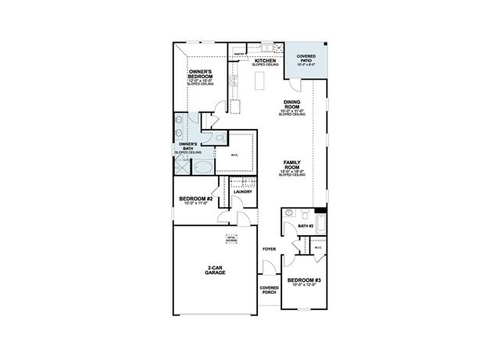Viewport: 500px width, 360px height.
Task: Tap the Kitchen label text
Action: point(265,61)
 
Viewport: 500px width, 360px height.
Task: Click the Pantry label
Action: point(240,55)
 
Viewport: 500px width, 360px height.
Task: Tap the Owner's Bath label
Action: point(189,146)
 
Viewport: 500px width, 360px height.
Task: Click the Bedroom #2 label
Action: point(196,200)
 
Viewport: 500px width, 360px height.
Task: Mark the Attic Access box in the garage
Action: point(232,238)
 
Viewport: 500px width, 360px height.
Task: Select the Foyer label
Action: point(269,249)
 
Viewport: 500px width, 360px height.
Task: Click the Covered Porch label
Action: point(269,289)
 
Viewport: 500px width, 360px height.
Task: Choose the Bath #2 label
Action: point(305,226)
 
